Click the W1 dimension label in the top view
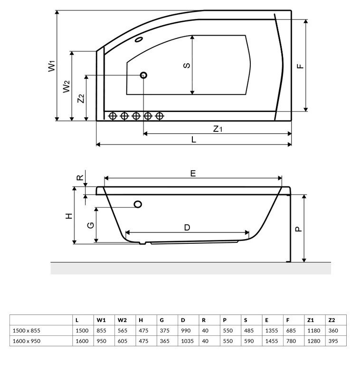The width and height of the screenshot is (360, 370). coord(52,65)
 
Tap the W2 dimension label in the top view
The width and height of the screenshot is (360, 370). coord(67,86)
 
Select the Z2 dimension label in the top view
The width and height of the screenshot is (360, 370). coord(81,98)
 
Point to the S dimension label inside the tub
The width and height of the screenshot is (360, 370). coord(187,65)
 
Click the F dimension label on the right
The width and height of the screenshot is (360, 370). coord(300,65)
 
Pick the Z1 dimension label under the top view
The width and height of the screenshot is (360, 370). coord(218,128)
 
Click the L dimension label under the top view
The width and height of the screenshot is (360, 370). coord(194,139)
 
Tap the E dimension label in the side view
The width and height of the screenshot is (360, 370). coord(193,173)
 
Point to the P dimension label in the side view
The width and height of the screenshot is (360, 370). coord(298,228)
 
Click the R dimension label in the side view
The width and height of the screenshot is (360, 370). coord(80,179)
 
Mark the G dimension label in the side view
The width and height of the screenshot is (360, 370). coord(90,225)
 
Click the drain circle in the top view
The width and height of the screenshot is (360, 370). coord(143,75)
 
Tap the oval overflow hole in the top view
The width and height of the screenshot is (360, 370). coord(140,40)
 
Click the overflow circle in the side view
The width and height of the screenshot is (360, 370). coord(138,204)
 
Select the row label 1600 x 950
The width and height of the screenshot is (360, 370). coord(27,341)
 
